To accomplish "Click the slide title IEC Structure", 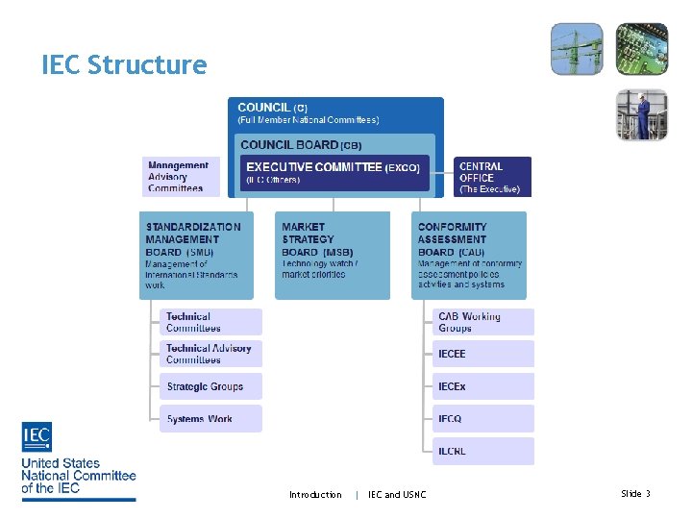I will click(124, 65).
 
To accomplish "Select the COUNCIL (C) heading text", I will click(273, 108).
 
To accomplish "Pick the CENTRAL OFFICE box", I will click(492, 177).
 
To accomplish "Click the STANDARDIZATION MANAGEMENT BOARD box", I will click(200, 256).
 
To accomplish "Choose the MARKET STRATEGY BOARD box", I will click(333, 256).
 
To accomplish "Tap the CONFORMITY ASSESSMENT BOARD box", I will click(470, 256).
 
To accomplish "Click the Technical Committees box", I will click(210, 322).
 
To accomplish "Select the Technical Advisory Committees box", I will click(210, 354).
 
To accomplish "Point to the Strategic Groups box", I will click(210, 386).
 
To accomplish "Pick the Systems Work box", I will click(210, 419).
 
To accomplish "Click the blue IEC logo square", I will click(37, 437).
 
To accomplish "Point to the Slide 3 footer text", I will click(635, 494).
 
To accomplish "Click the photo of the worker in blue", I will click(641, 114).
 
